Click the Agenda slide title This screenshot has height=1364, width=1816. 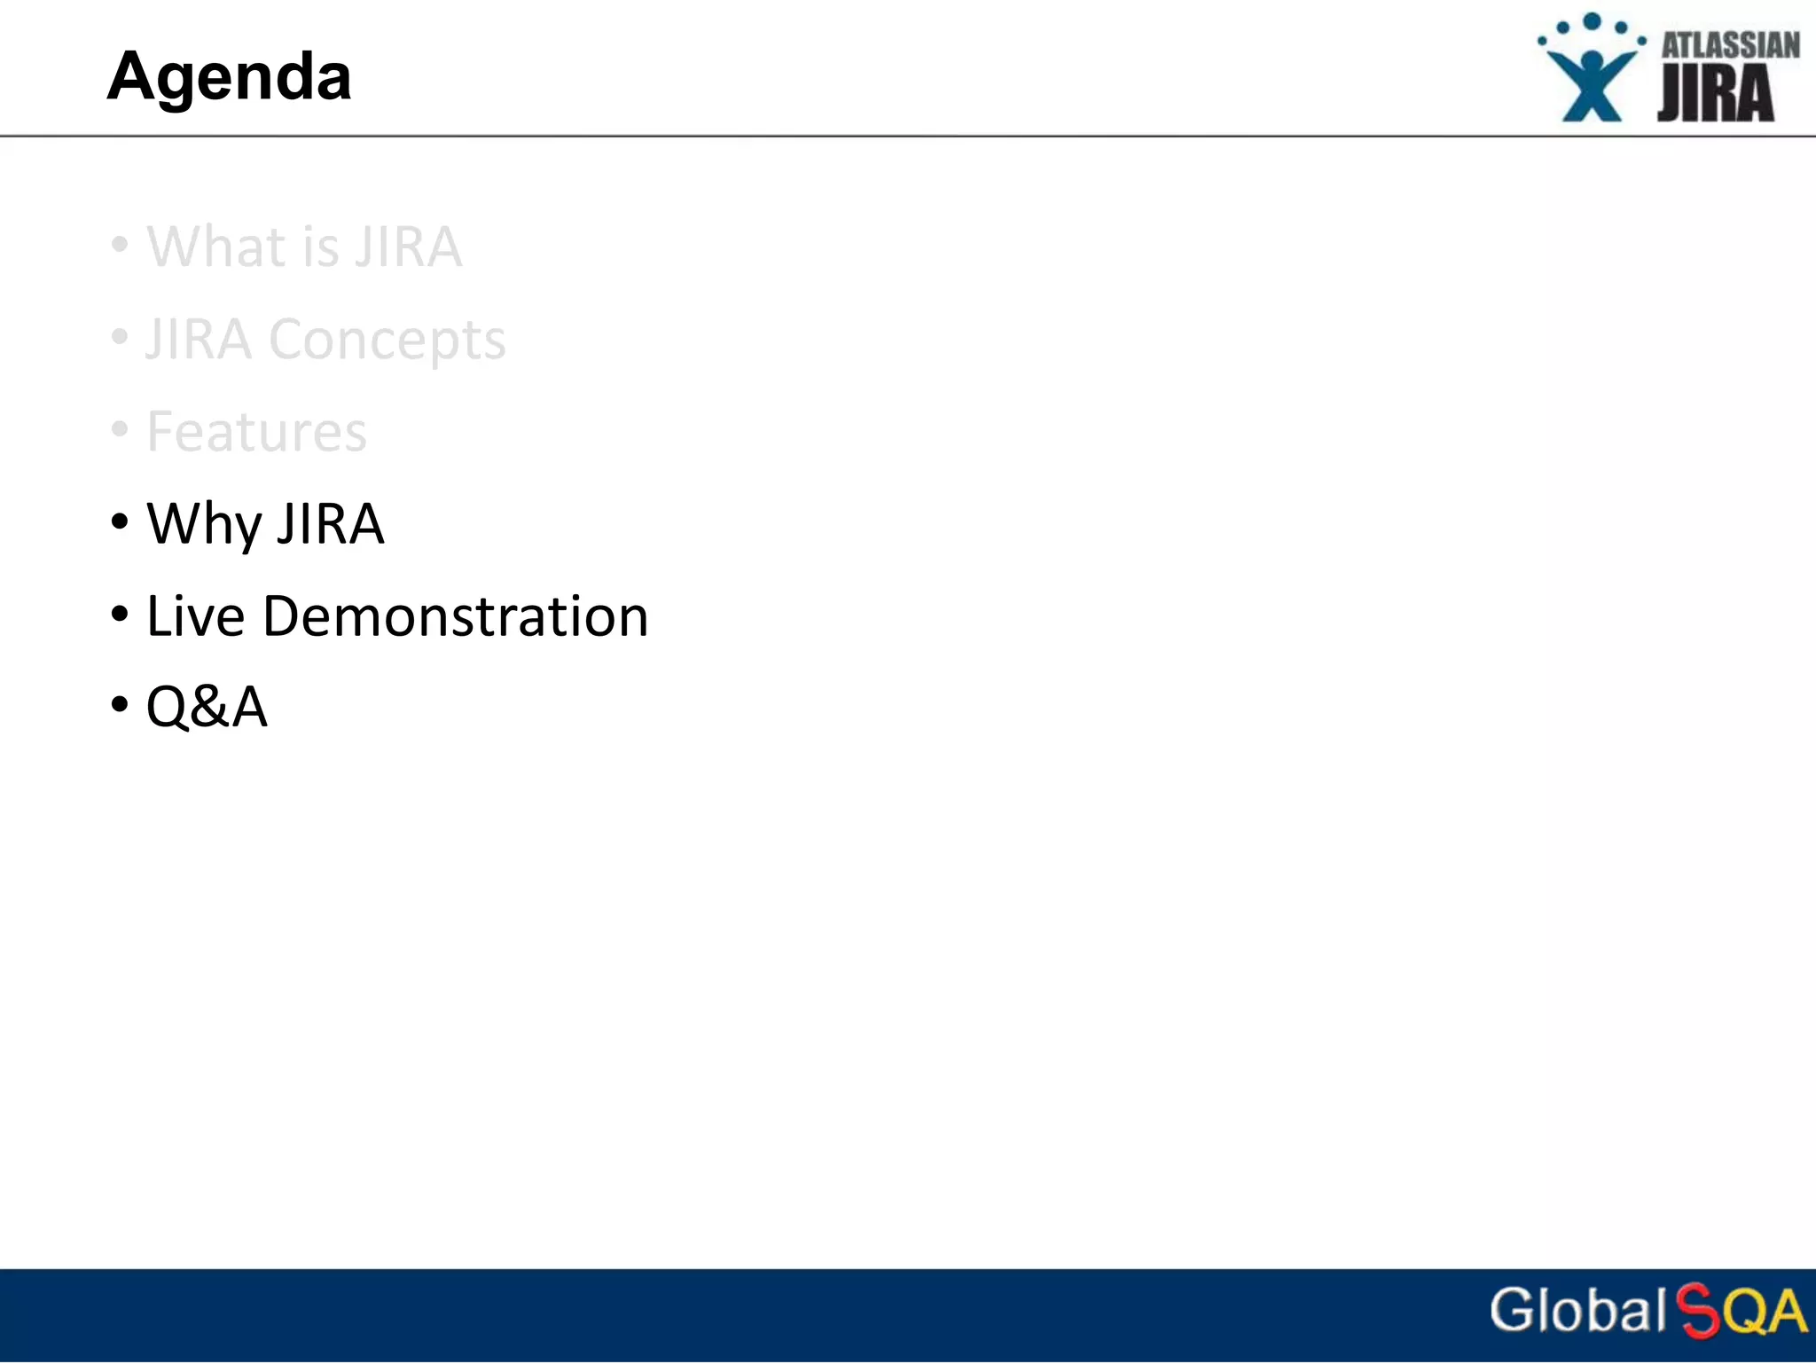tap(229, 77)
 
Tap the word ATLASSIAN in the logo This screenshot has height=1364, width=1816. tap(1730, 45)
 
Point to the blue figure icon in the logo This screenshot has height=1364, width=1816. tap(1593, 75)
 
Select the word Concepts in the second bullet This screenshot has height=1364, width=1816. tap(387, 340)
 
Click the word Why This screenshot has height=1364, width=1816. tap(203, 524)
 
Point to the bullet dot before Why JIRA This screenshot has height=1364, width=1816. tap(120, 521)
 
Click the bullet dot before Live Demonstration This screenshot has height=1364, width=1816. tap(120, 614)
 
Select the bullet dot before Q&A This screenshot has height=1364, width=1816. tap(120, 705)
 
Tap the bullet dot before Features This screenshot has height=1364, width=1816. tap(120, 430)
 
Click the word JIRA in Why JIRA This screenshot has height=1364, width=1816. tap(330, 524)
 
